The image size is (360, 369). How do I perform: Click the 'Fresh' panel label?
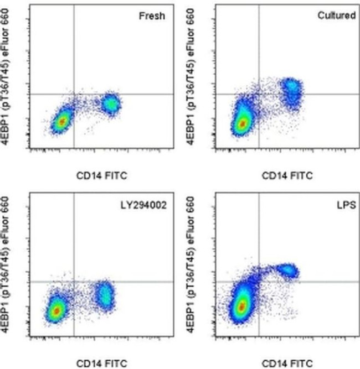(x=151, y=15)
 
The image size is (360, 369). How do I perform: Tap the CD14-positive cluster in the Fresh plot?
(x=111, y=103)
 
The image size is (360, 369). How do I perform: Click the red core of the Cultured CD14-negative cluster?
(x=242, y=124)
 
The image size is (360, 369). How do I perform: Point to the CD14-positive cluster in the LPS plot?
(x=288, y=270)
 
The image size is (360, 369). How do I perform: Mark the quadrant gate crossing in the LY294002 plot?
(x=74, y=282)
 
